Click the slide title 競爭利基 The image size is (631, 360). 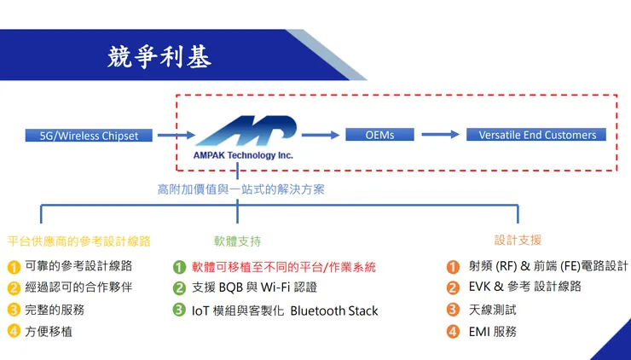tap(159, 57)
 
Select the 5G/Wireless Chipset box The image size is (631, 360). tap(89, 135)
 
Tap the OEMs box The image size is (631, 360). tap(379, 135)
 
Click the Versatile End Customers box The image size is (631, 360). tap(536, 135)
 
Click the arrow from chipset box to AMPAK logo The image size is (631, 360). tap(175, 135)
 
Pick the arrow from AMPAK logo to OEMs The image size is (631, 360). tap(320, 135)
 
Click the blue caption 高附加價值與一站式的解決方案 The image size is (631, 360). tap(240, 189)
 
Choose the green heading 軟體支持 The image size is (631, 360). tap(237, 241)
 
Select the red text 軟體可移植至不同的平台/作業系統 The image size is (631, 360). tap(283, 267)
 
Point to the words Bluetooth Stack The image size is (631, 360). tap(333, 311)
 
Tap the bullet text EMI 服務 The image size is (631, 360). tap(492, 331)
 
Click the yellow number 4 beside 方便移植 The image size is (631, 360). tap(14, 331)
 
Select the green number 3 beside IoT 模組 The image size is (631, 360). tap(179, 310)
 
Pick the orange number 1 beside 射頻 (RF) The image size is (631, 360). tap(453, 266)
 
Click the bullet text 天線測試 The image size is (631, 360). tap(492, 309)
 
